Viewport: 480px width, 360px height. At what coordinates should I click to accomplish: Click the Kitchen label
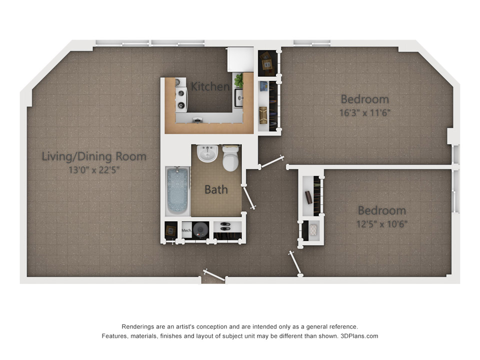coord(210,86)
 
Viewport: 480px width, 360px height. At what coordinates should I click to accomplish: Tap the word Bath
coord(216,189)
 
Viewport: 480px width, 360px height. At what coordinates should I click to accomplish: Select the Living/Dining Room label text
coord(94,156)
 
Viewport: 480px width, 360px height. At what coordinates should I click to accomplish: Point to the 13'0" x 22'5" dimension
coord(94,170)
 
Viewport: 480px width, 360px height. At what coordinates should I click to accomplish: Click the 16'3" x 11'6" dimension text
coord(364,112)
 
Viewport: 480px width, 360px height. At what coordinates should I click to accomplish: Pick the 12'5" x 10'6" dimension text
coord(381,223)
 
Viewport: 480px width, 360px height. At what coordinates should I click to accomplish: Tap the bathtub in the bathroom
coord(177,191)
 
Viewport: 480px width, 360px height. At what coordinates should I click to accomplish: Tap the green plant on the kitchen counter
coord(239,80)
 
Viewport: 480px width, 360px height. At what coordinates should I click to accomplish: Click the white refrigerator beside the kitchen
coord(240,59)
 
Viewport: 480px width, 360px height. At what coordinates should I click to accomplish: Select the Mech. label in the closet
coord(186,230)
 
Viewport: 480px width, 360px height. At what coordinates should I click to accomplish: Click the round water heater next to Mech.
coord(200,230)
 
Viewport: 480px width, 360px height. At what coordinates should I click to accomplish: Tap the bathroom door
coord(248,197)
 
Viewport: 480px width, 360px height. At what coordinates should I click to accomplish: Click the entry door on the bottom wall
coord(214,275)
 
